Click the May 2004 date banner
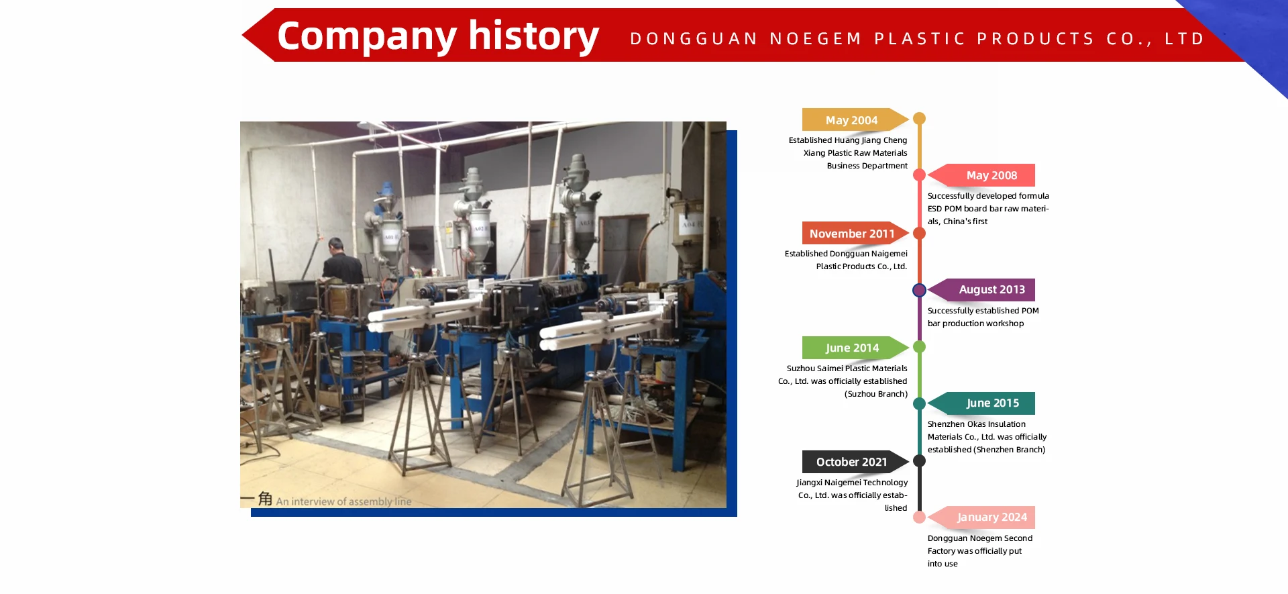pos(851,120)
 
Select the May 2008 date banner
pos(991,175)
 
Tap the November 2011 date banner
pos(851,234)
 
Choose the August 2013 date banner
pos(991,289)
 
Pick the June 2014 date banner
pos(851,348)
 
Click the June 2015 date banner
pos(991,403)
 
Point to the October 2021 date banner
pos(851,462)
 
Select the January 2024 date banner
pos(991,517)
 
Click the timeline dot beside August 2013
pos(919,290)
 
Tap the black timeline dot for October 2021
pos(919,461)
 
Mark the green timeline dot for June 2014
pos(919,347)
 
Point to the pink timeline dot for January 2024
pos(919,517)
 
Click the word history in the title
pos(533,36)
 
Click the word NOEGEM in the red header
pos(816,39)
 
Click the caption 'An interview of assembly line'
pos(343,501)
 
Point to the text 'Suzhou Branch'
pos(876,394)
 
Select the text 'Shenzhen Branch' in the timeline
pos(1010,450)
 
